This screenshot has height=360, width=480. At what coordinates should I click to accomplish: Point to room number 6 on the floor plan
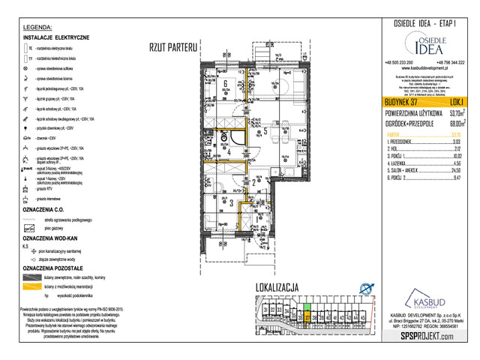pos(224,83)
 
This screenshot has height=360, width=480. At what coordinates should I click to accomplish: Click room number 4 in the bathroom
pos(229,151)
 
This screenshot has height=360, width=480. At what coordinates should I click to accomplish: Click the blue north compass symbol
pos(365,287)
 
